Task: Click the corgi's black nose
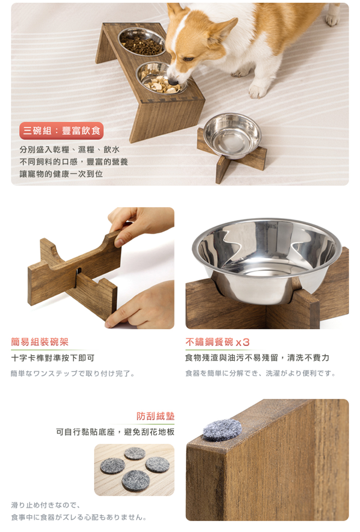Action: point(173,82)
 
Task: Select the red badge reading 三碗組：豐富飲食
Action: point(62,131)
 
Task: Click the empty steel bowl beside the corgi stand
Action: point(232,135)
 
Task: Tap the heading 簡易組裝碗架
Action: point(40,342)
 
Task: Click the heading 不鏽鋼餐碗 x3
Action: point(217,342)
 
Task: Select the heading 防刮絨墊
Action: point(156,416)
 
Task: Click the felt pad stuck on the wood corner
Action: point(222,430)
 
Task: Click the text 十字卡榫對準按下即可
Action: point(53,358)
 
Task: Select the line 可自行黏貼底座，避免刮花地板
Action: point(115,432)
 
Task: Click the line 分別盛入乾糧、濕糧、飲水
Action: point(69,149)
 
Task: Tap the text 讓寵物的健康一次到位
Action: point(61,174)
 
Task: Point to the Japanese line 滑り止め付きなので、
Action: point(46,505)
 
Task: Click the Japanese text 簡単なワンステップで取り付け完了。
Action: point(73,374)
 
